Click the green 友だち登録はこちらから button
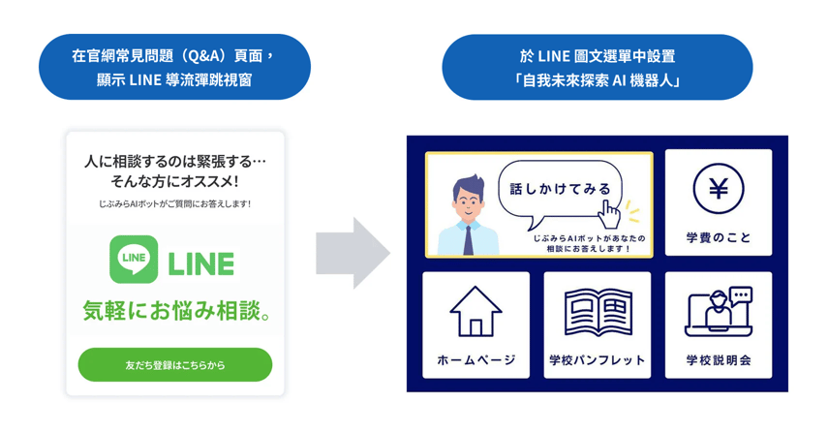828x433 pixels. click(x=174, y=364)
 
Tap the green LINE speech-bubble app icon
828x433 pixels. click(x=134, y=260)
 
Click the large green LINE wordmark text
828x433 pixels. click(x=200, y=263)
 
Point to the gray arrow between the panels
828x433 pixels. click(x=353, y=253)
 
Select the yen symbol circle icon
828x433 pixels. click(x=719, y=189)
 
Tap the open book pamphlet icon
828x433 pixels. click(x=598, y=312)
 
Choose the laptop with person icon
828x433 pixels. click(x=719, y=312)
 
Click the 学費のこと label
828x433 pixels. click(x=719, y=237)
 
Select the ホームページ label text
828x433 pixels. click(x=475, y=360)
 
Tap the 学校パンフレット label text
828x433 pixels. click(x=598, y=360)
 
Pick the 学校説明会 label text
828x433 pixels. click(x=719, y=360)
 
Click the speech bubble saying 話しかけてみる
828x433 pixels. click(x=560, y=189)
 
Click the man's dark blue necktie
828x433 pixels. click(x=468, y=240)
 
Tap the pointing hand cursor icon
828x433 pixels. click(x=609, y=214)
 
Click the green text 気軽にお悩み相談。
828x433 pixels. click(x=177, y=310)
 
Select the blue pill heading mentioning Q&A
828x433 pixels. click(x=174, y=67)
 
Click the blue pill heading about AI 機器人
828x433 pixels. click(x=598, y=67)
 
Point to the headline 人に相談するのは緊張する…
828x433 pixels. click(x=174, y=161)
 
